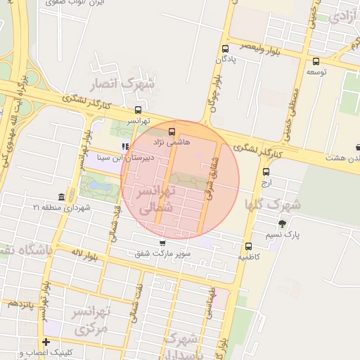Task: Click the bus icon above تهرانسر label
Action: click(x=138, y=110)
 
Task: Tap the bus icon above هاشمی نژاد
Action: click(x=172, y=131)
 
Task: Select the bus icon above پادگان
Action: click(x=225, y=49)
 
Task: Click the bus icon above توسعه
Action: click(x=316, y=61)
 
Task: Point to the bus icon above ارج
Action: click(x=266, y=172)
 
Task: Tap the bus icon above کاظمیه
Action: click(x=248, y=247)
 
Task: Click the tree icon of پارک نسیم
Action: click(x=282, y=224)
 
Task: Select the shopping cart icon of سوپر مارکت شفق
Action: click(x=162, y=243)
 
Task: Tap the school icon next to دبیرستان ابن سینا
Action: click(x=125, y=146)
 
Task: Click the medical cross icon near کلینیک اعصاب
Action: click(x=46, y=342)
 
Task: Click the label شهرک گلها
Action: click(x=271, y=205)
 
